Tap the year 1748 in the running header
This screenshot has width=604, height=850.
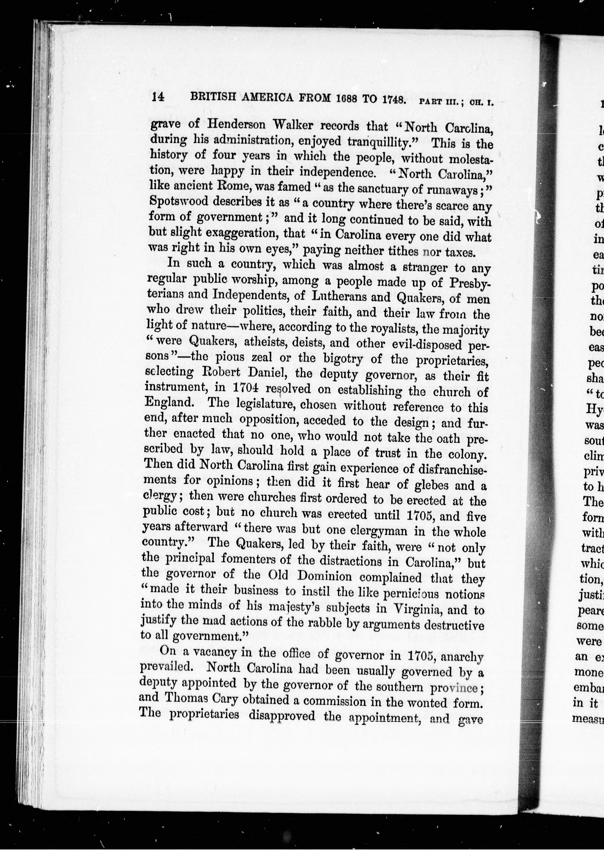391,100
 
